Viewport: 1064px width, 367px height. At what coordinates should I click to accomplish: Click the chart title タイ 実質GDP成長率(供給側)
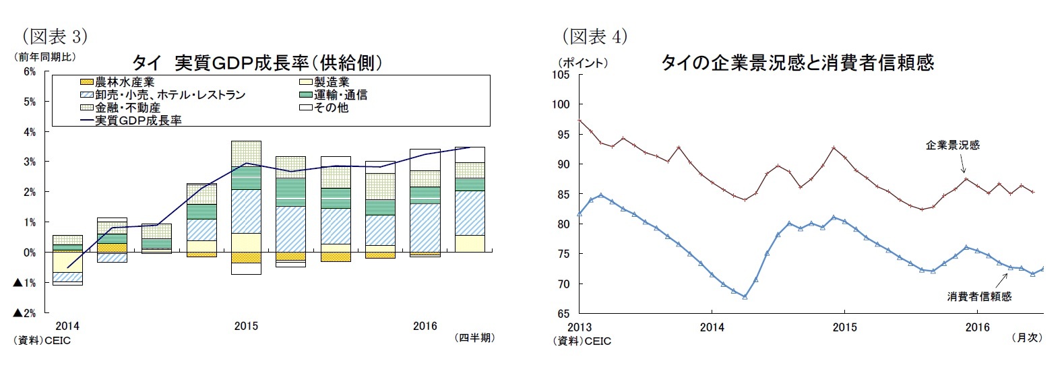(257, 63)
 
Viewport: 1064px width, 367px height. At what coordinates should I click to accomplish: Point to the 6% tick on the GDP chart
(30, 71)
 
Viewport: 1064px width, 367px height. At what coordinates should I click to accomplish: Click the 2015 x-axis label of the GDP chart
(246, 326)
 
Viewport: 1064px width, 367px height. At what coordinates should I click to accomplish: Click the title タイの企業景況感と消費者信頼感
(797, 63)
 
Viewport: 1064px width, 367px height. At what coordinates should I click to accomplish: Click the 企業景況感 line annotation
(952, 145)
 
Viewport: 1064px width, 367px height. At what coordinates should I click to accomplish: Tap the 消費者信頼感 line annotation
(978, 296)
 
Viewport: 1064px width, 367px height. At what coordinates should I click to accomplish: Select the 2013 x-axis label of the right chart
(580, 327)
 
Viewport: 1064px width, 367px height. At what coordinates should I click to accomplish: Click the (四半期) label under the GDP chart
(475, 338)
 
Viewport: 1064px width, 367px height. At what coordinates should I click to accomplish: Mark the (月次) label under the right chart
(1026, 338)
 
